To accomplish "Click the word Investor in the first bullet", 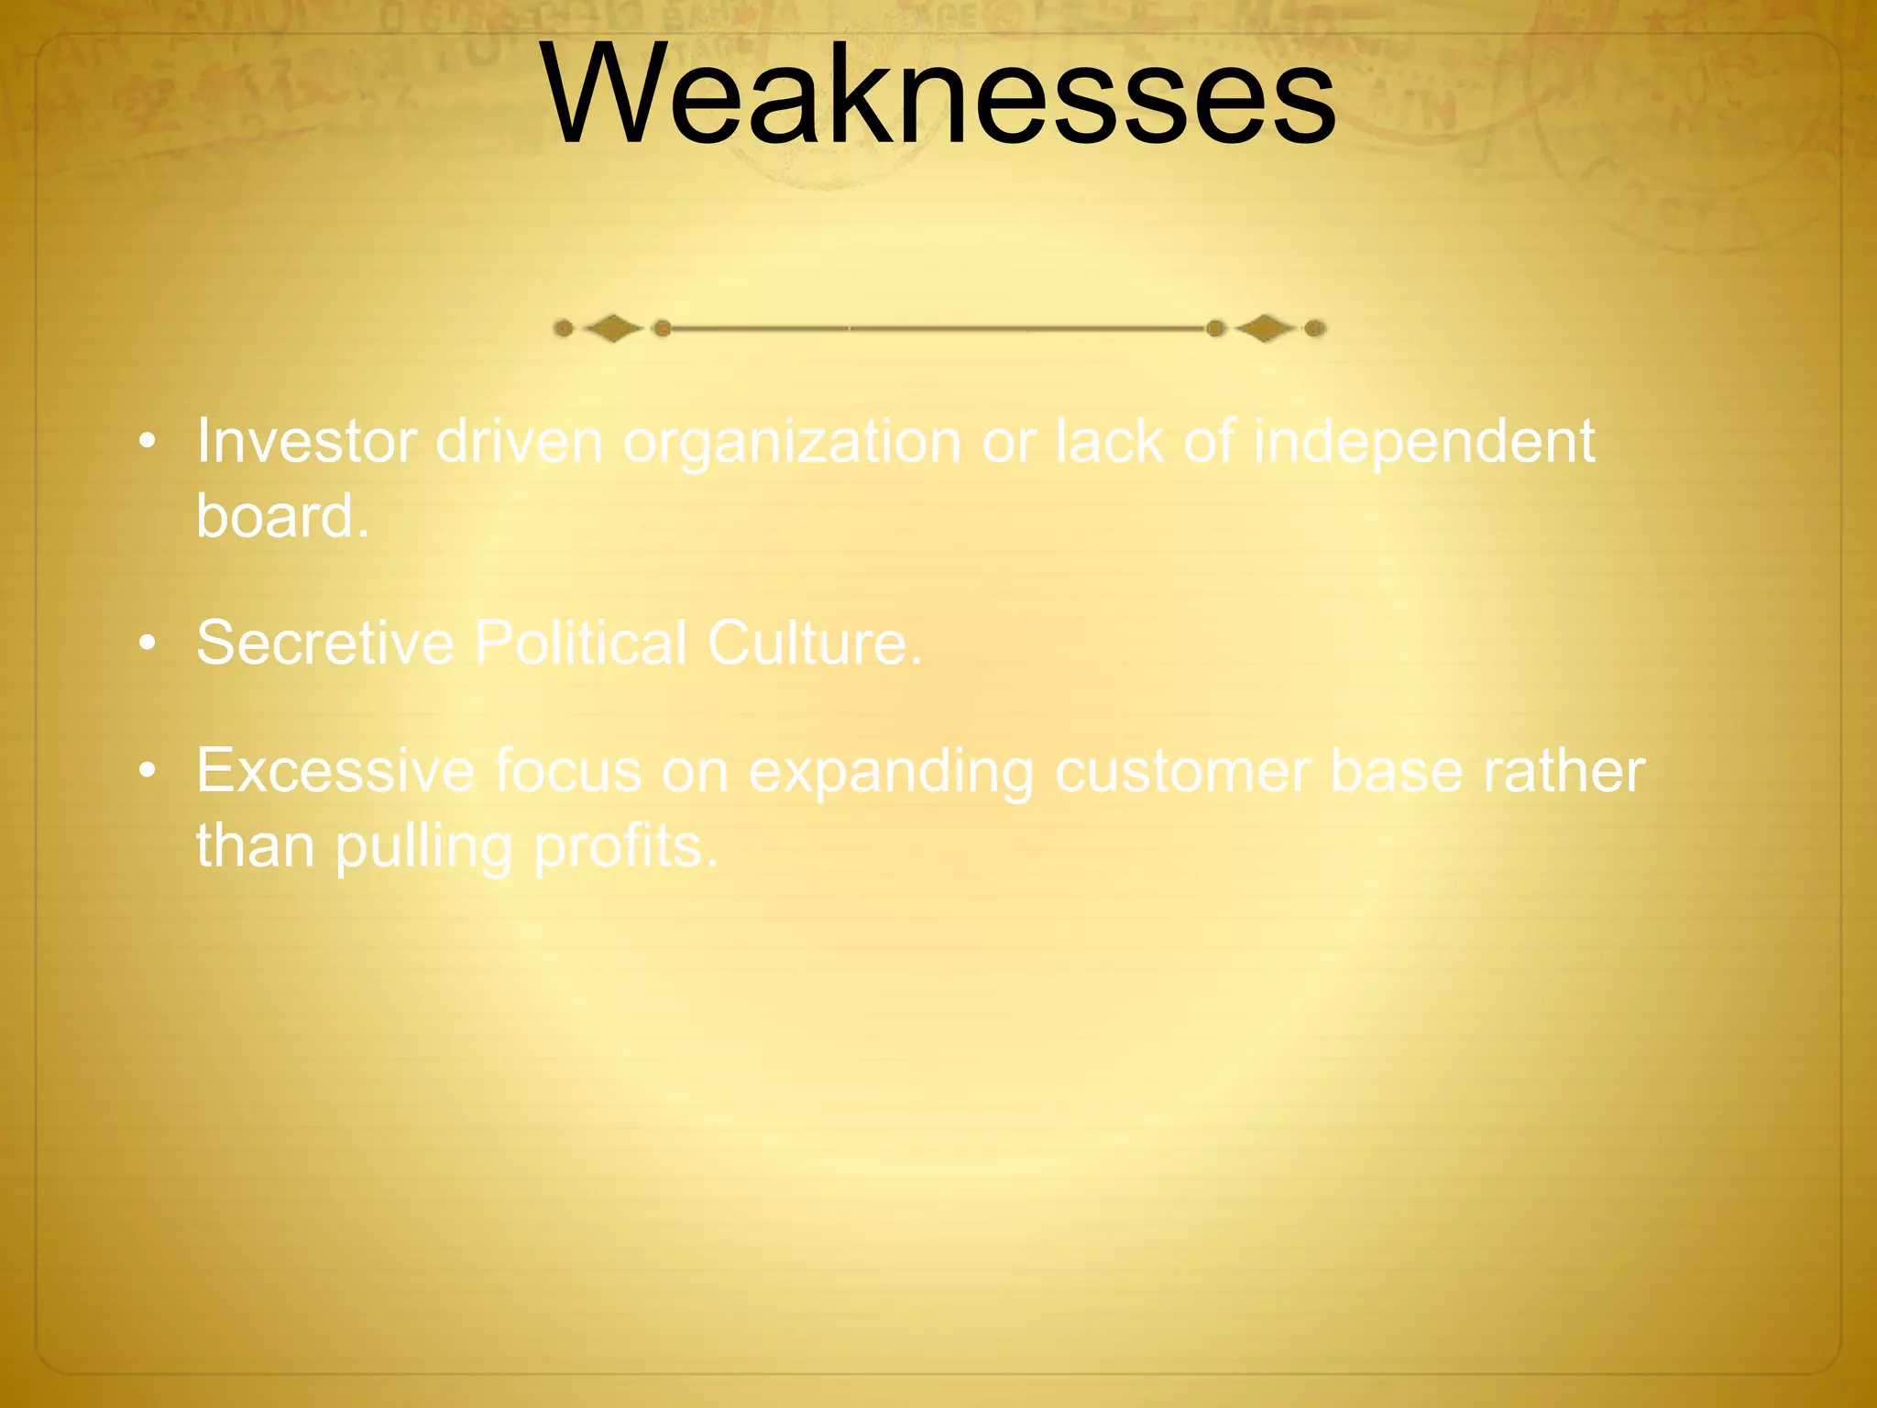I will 307,442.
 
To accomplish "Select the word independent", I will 1423,442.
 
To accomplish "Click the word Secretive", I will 325,643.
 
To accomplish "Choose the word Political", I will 580,643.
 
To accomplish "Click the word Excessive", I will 335,771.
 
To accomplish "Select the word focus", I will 568,771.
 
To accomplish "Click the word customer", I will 1182,771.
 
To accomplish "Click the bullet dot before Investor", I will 147,444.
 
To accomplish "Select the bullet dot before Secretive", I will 147,644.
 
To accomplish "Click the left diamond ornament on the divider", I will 612,328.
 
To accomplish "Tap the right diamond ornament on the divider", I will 1265,328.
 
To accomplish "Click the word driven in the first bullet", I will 519,442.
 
